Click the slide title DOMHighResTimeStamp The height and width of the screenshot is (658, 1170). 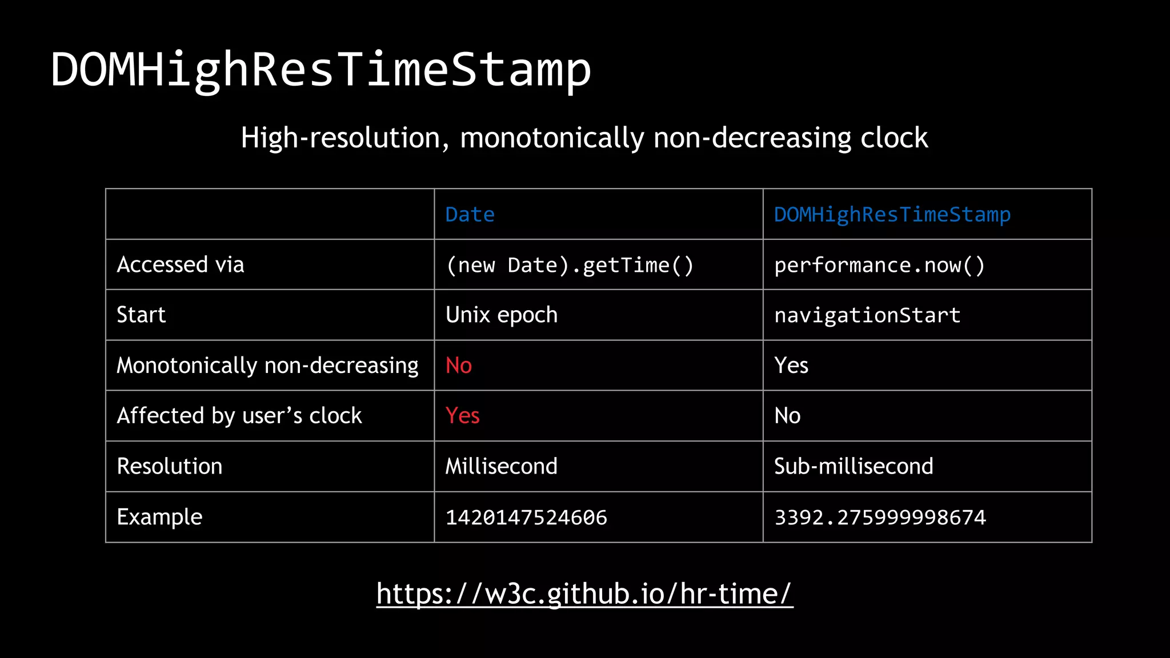coord(321,70)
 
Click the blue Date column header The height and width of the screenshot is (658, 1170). coord(470,215)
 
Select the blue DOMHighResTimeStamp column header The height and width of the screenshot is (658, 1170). coord(892,215)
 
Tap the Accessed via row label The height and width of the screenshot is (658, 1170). coord(181,265)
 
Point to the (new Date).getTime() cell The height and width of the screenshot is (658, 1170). coord(570,266)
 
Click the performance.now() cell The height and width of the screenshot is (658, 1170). coord(879,266)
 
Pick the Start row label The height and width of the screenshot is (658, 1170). coord(141,315)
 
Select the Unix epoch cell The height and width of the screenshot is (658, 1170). coord(501,315)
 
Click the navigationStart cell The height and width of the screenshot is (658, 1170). coord(867,315)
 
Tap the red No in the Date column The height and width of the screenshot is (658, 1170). coord(459,366)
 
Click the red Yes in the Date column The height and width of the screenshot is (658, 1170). coord(462,416)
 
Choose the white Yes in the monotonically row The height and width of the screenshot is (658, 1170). coord(791,366)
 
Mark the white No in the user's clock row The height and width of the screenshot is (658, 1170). coord(787,416)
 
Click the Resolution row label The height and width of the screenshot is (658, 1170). coord(170,467)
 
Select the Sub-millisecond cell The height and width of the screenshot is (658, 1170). coord(854,467)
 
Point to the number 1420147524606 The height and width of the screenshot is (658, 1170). coord(526,517)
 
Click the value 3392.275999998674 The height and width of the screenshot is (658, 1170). coord(880,517)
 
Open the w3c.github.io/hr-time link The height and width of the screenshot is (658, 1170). coord(584,594)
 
